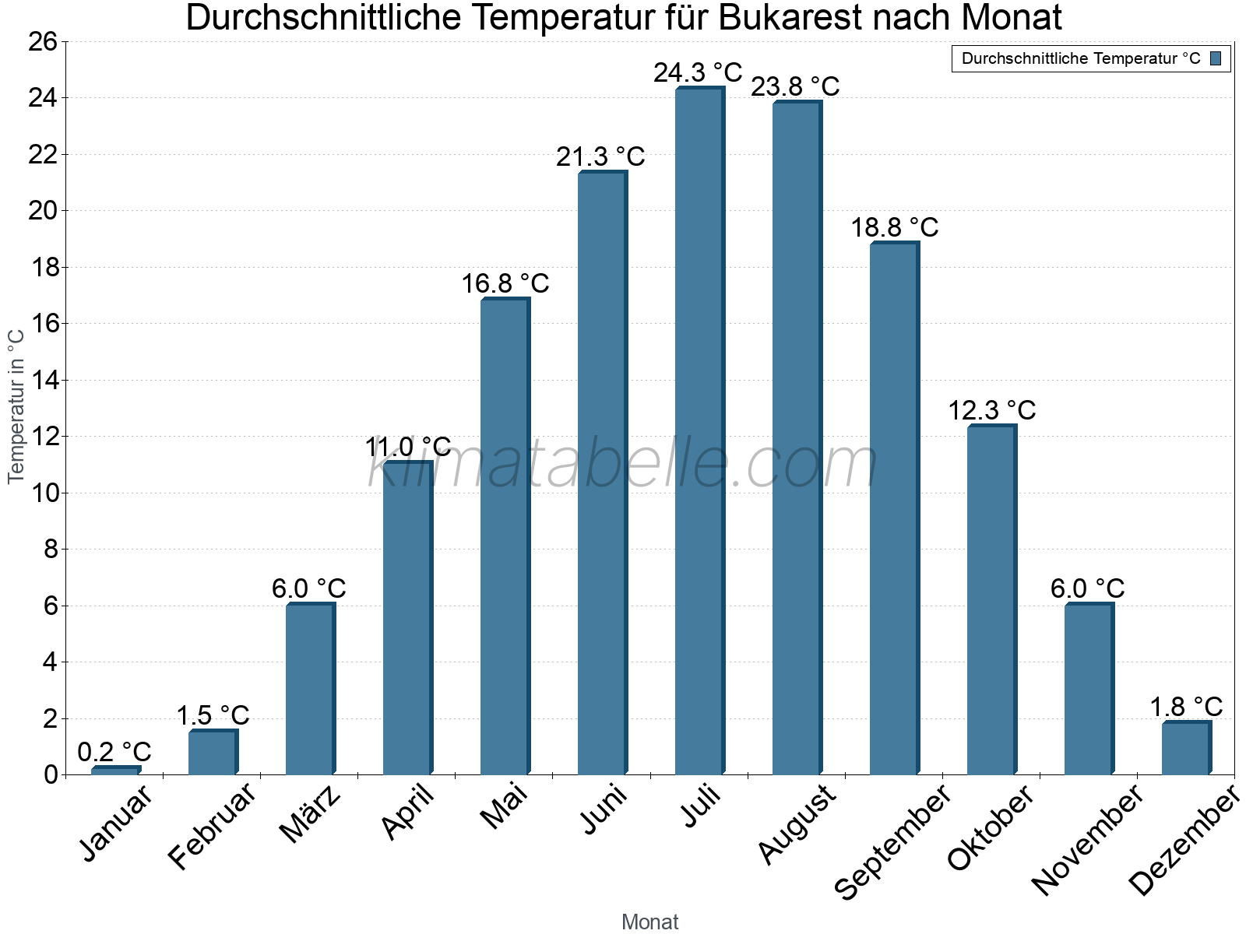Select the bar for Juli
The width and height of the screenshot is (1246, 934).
(x=699, y=432)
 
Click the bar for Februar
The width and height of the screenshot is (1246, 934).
(x=212, y=753)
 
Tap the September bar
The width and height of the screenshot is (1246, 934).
(x=893, y=510)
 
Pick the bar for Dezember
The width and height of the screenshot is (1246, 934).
(x=1185, y=749)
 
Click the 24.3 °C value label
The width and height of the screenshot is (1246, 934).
(x=698, y=73)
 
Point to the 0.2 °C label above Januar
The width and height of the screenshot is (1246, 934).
(x=114, y=752)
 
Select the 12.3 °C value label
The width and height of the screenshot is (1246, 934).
(x=991, y=410)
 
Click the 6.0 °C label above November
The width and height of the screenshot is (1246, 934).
(x=1087, y=588)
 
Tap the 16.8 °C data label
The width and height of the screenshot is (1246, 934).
(x=505, y=284)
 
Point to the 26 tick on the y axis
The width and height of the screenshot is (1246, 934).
(x=43, y=42)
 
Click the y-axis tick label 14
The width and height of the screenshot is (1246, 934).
(x=43, y=381)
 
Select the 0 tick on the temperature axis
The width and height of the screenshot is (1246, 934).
(x=51, y=774)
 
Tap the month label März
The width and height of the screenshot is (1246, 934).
(x=310, y=814)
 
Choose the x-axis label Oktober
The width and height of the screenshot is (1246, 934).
(x=990, y=827)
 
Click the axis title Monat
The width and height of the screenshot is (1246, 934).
(x=649, y=922)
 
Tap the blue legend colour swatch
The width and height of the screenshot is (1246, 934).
(x=1216, y=58)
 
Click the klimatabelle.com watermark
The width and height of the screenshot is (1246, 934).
(x=623, y=465)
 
